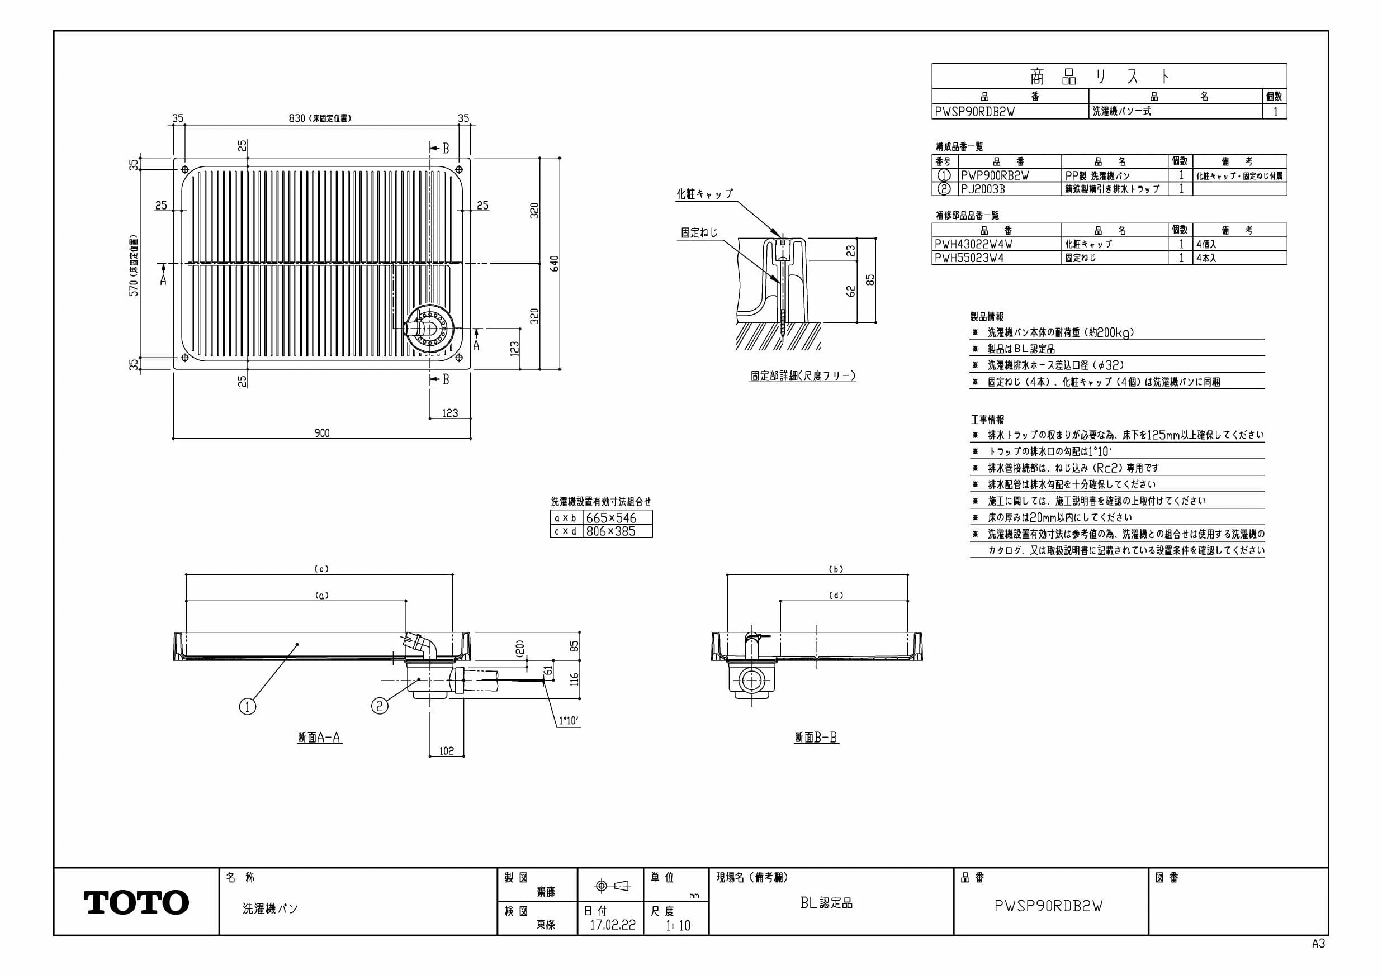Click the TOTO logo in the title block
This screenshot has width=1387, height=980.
[136, 902]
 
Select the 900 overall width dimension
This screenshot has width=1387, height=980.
[322, 433]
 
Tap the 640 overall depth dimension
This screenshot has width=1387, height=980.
[555, 264]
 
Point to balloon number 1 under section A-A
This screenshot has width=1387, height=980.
[248, 706]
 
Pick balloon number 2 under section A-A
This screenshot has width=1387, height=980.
[380, 705]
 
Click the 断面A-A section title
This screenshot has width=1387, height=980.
[320, 738]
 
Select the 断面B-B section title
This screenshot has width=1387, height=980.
[816, 738]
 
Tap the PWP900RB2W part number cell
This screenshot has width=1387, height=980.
[995, 175]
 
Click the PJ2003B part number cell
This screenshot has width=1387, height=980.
[983, 189]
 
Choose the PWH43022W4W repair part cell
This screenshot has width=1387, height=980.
[973, 244]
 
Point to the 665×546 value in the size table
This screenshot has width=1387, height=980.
[612, 517]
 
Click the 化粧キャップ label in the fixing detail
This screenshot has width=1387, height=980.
[704, 194]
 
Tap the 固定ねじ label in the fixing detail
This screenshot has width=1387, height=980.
[699, 232]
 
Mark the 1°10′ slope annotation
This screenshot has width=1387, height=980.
[569, 720]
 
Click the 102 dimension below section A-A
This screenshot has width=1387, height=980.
[447, 751]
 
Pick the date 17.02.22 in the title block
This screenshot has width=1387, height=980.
[613, 925]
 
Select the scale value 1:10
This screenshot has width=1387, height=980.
[678, 925]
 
